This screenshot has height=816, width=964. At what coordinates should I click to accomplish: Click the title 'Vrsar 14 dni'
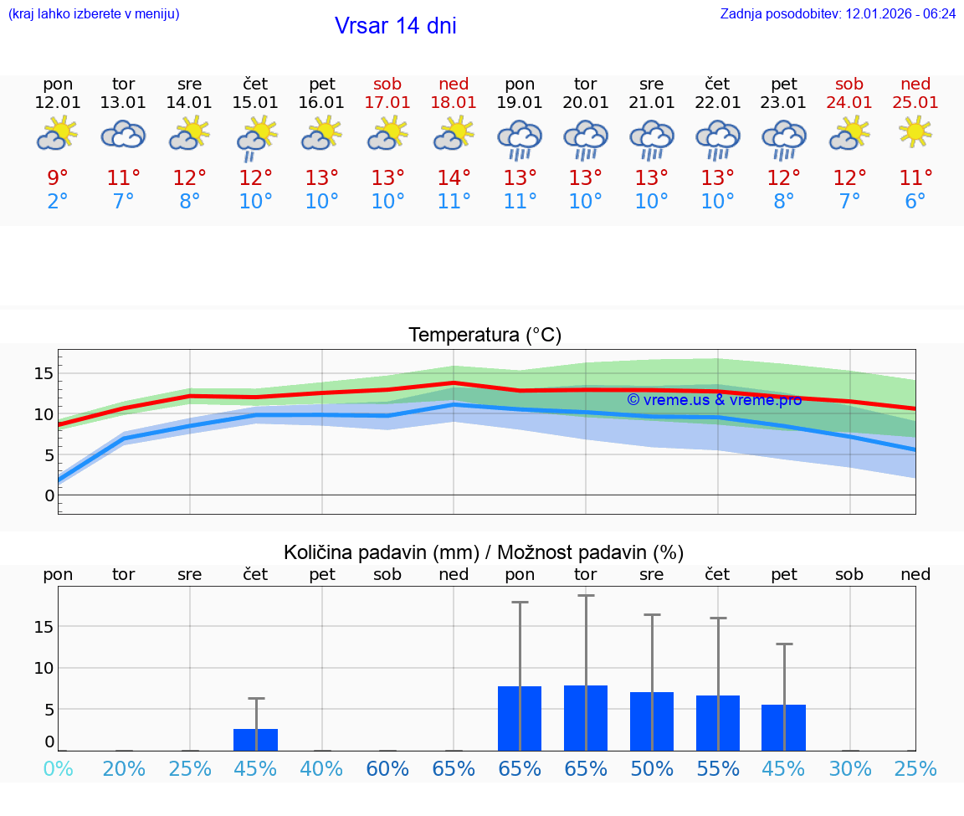395,26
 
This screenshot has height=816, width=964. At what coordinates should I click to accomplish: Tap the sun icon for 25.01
915,132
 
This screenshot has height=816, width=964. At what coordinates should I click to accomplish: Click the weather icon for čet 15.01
255,136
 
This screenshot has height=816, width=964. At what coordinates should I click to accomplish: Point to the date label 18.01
454,103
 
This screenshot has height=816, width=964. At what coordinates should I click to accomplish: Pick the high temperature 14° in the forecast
454,178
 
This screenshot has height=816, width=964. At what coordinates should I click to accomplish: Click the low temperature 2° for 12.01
58,202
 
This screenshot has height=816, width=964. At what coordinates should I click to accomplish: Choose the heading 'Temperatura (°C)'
485,336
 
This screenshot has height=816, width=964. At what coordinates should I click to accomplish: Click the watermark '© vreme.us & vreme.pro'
714,400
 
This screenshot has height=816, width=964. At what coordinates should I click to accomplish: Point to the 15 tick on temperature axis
44,373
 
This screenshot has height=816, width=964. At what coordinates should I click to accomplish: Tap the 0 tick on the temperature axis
49,495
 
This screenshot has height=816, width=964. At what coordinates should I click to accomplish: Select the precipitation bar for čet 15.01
255,740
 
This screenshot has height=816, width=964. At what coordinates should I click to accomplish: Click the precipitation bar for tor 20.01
586,718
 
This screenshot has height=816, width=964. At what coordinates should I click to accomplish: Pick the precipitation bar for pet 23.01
783,727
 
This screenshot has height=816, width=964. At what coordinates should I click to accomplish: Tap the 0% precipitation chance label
58,769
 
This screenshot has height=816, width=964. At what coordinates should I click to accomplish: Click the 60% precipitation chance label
387,769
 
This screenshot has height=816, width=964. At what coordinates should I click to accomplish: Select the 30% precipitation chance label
849,769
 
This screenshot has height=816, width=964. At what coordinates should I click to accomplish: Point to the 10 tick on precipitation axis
44,668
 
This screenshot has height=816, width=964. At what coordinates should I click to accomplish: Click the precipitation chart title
484,552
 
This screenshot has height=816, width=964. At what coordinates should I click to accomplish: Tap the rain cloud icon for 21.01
651,139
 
